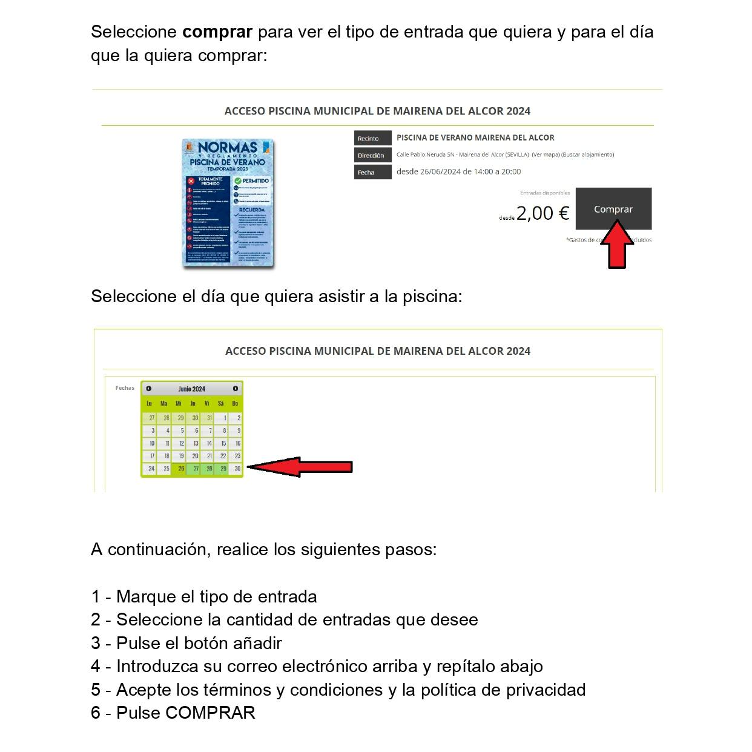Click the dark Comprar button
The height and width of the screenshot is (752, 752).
click(x=613, y=208)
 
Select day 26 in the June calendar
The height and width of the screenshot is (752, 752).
click(x=180, y=469)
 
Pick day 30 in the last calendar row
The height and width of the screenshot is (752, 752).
click(x=237, y=469)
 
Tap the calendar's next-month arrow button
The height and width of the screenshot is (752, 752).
click(x=236, y=389)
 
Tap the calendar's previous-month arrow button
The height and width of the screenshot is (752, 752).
click(x=149, y=389)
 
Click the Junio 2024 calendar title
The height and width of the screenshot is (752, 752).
click(x=192, y=389)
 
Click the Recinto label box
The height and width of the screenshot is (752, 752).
click(x=372, y=138)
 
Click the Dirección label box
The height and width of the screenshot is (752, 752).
click(x=372, y=156)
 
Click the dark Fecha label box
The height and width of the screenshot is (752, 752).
click(x=372, y=173)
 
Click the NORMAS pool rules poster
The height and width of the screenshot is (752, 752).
click(x=228, y=203)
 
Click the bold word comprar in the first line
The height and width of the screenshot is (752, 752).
click(x=217, y=32)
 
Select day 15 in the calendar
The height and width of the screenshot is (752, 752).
click(x=223, y=443)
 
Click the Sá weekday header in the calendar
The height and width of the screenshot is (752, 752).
click(x=221, y=403)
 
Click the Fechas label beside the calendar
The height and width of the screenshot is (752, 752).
click(x=125, y=388)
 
